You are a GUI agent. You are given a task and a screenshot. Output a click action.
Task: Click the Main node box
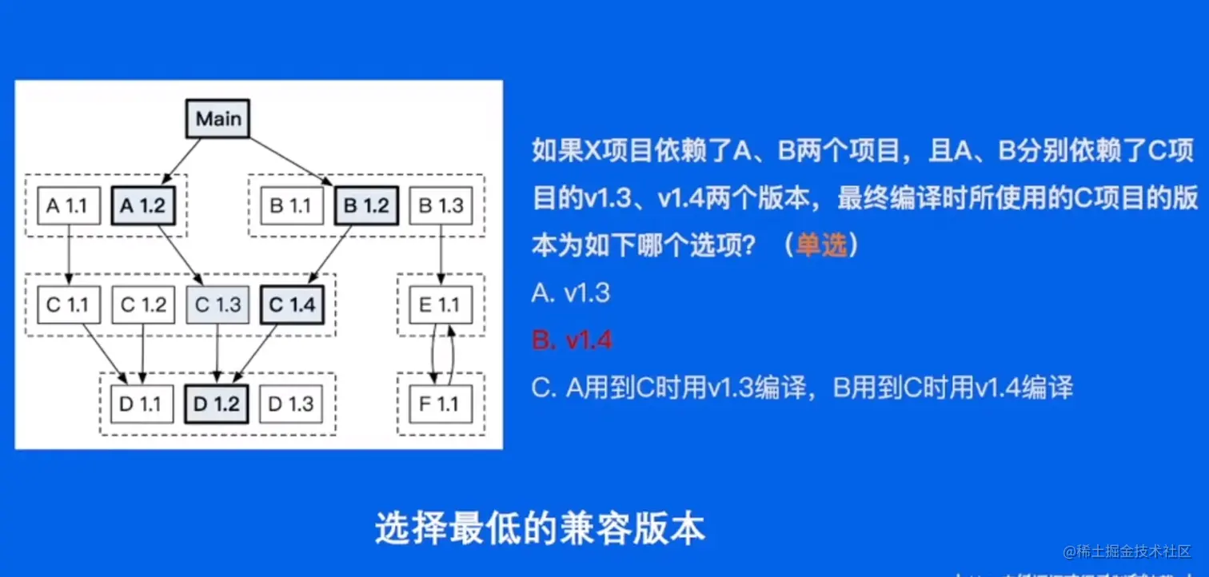(218, 119)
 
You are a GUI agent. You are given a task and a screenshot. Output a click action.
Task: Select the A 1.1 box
(67, 206)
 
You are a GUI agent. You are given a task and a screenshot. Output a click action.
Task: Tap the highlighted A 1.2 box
(142, 206)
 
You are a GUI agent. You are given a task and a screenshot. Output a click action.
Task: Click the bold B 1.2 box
(365, 206)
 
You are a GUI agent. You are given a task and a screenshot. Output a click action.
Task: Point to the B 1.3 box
(441, 206)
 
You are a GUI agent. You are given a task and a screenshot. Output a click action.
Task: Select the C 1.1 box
(67, 304)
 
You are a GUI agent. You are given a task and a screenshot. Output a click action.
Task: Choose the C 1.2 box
(142, 304)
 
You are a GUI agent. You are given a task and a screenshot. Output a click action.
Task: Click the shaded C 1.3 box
(217, 304)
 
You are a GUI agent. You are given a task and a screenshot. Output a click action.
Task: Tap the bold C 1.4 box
(293, 304)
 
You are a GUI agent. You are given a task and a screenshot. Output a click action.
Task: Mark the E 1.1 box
(441, 304)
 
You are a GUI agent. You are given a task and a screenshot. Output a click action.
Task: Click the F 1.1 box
(441, 404)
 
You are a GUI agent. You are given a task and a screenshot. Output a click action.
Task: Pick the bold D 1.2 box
(217, 404)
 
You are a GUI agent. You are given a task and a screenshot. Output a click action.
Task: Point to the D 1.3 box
(291, 404)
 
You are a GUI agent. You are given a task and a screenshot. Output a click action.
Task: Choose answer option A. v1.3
(570, 293)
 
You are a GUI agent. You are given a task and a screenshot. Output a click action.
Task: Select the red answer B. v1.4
(572, 340)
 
